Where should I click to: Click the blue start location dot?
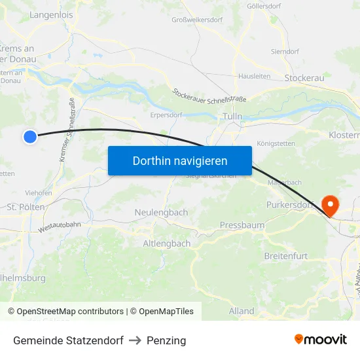tap(30, 136)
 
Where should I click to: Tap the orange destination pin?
tap(330, 206)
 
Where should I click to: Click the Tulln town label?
tap(232, 116)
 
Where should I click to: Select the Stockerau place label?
tap(304, 78)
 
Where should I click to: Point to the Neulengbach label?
tap(161, 212)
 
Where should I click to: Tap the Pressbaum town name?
tap(242, 225)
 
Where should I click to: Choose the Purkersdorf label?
tap(291, 205)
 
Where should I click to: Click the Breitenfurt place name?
tap(285, 255)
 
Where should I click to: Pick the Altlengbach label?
tap(167, 243)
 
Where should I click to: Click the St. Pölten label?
tap(26, 207)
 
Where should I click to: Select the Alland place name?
tap(242, 311)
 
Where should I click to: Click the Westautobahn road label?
tap(60, 227)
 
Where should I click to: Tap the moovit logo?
tap(321, 339)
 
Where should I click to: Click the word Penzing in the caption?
tap(166, 340)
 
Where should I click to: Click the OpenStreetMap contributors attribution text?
tap(65, 312)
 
